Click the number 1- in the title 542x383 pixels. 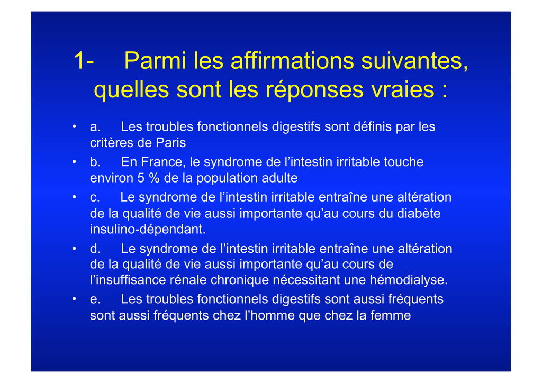84,61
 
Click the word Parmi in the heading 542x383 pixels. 155,60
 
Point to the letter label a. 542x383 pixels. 95,127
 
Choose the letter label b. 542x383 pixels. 95,162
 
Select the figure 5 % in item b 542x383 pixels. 148,178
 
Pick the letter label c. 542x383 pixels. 95,197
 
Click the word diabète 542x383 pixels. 419,213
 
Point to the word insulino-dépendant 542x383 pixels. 148,229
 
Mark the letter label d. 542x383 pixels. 95,248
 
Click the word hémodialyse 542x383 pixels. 409,280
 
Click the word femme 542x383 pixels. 390,315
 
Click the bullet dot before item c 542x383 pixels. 74,197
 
